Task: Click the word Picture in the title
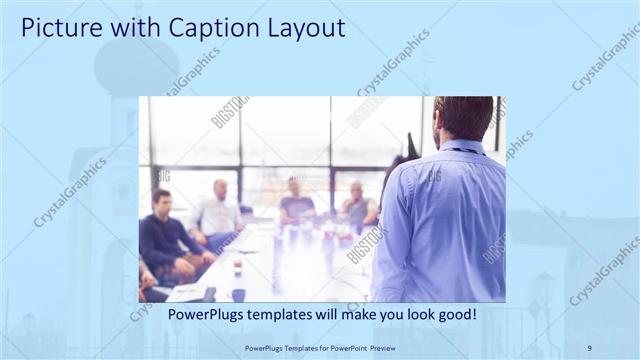click(x=58, y=28)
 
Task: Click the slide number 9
click(x=590, y=347)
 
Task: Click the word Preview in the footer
click(x=396, y=347)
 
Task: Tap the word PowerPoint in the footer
click(x=356, y=347)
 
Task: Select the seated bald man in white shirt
click(x=220, y=212)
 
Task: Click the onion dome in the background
click(x=136, y=65)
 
